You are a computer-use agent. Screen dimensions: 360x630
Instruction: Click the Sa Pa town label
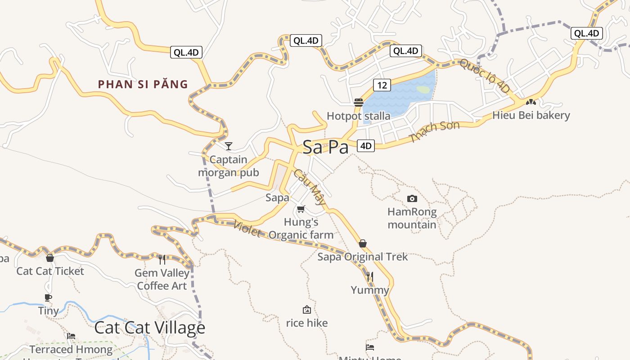coord(325,147)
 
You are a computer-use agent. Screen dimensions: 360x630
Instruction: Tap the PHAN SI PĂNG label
coord(143,84)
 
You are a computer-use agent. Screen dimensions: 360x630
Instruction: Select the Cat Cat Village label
coord(149,328)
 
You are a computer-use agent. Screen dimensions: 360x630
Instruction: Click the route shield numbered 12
coord(382,85)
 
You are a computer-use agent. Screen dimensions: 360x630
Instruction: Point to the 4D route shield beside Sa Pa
coord(366,145)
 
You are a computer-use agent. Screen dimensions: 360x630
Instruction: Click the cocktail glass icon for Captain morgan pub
coord(229,146)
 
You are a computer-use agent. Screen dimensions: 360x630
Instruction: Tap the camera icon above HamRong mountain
coord(412,198)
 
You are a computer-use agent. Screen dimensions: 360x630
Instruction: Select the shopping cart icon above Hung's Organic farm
coord(301,209)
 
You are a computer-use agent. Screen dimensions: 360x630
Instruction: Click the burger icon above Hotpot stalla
coord(359,102)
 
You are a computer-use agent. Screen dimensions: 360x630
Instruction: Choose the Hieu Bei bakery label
coord(531,115)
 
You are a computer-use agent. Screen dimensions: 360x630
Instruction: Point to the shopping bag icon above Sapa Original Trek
coord(363,243)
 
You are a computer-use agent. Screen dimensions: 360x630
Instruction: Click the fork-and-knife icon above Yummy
coord(369,276)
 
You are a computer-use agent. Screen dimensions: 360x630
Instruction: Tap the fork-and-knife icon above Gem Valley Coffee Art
coord(162,259)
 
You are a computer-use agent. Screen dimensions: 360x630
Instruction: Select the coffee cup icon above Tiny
coord(48,297)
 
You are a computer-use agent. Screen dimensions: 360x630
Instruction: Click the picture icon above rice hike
coord(307,310)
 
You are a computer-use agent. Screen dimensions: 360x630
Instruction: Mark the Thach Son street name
coord(434,131)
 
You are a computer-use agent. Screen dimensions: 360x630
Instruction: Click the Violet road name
coord(247,228)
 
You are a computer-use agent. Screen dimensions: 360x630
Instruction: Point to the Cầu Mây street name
coord(310,186)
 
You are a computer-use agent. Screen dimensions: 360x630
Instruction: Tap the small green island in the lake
coord(423,90)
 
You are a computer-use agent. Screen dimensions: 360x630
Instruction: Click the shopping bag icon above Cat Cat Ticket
coord(50,258)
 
